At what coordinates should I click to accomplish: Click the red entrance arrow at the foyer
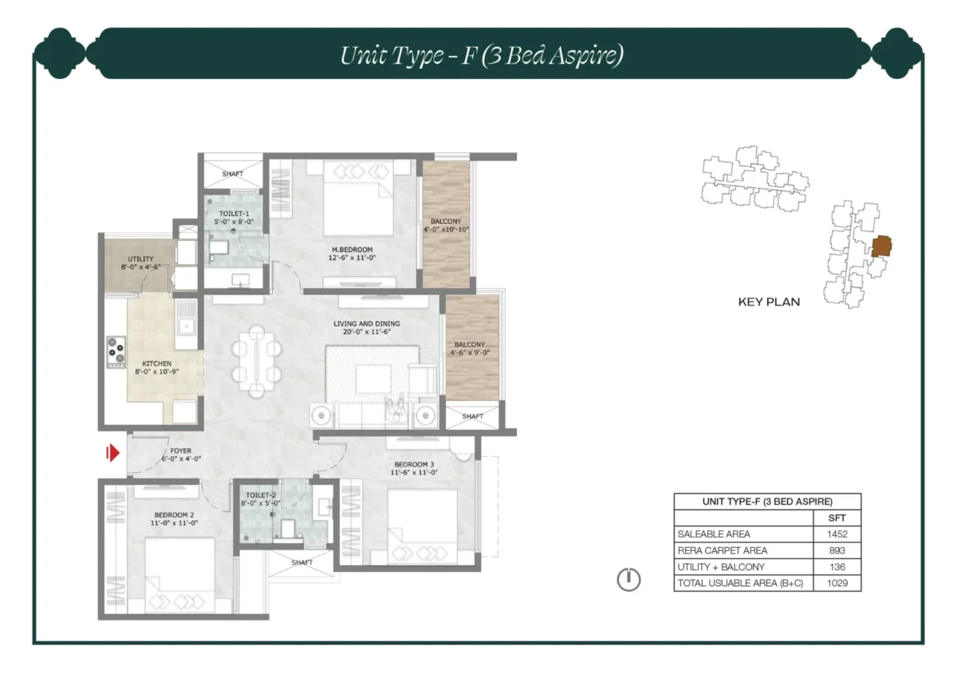click(x=113, y=454)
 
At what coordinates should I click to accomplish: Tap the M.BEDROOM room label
click(x=352, y=250)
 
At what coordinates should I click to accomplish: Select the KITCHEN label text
click(x=157, y=364)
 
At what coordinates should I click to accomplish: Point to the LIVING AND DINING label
click(x=367, y=324)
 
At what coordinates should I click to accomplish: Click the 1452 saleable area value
click(x=832, y=534)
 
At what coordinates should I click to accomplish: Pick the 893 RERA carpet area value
click(x=832, y=551)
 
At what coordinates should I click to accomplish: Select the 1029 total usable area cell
click(x=832, y=584)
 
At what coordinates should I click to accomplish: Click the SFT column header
click(x=832, y=518)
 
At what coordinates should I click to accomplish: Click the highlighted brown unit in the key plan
click(x=880, y=246)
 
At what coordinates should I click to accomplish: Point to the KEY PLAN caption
click(x=768, y=302)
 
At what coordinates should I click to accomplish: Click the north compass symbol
click(x=628, y=580)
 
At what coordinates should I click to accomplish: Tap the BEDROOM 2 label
click(x=175, y=514)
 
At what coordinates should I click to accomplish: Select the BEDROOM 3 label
click(x=413, y=464)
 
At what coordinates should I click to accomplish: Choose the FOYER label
click(x=180, y=451)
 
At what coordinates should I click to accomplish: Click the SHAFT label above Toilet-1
click(x=233, y=174)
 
